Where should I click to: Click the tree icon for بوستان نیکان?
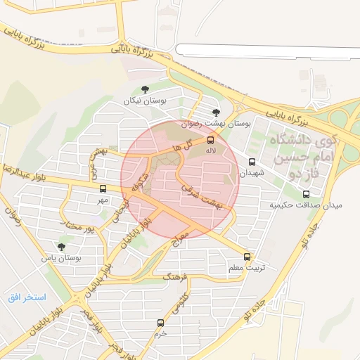(145, 89)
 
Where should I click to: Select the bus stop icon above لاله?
(211, 139)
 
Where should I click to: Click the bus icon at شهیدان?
(252, 162)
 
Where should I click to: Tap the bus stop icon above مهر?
(103, 188)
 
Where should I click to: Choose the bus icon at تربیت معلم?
(246, 257)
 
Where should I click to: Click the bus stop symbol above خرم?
(161, 323)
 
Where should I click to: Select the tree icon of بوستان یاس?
(61, 247)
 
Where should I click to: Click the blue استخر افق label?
(27, 297)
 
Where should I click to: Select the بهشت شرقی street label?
(201, 196)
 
